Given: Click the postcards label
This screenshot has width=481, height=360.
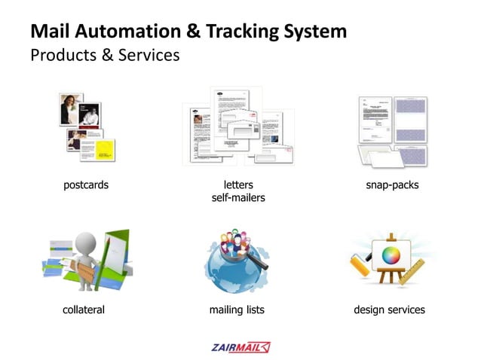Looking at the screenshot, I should pos(85,185).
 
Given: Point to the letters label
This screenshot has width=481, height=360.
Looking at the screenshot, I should pos(238,185).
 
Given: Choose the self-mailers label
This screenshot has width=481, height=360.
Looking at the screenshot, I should pos(238,198).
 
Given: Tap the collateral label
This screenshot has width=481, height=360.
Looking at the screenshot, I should pos(83,310).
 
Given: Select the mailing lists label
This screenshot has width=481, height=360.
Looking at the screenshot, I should pos(237,310).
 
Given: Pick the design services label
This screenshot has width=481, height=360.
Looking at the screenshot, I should pos(389,310).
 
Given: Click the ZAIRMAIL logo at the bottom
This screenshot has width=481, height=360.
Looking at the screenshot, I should pos(240,347).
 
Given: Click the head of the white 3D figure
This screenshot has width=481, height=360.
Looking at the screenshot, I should pos(87,241).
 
